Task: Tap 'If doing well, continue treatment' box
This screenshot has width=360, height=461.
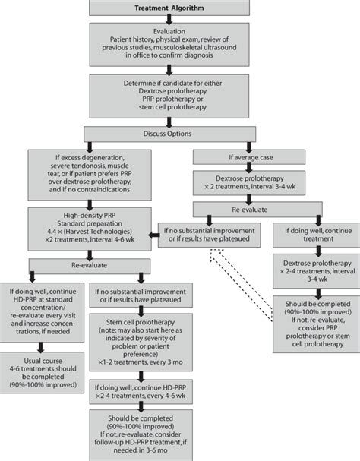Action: pos(312,232)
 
